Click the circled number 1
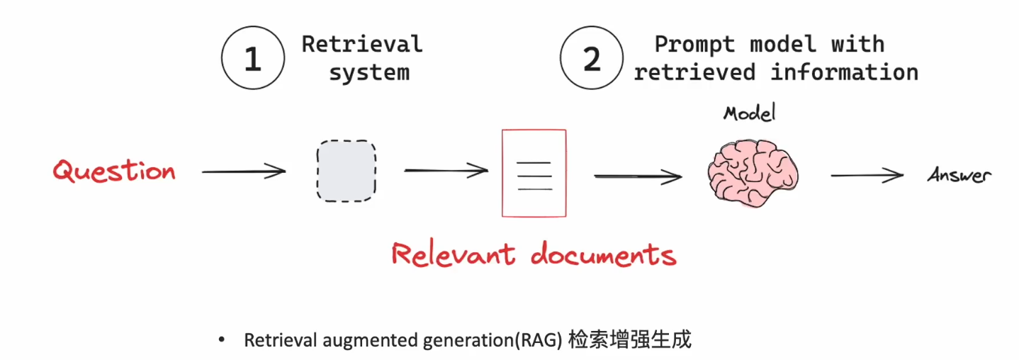point(253,59)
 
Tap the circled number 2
point(592,59)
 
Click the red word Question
point(114,171)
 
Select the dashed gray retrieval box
point(346,171)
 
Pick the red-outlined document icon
point(534,173)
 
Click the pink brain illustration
point(753,171)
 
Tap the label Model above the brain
point(750,113)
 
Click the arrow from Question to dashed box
point(243,171)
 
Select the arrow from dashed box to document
point(446,171)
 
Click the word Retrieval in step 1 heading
point(362,44)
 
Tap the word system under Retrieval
point(369,72)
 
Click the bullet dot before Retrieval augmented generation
point(223,341)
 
